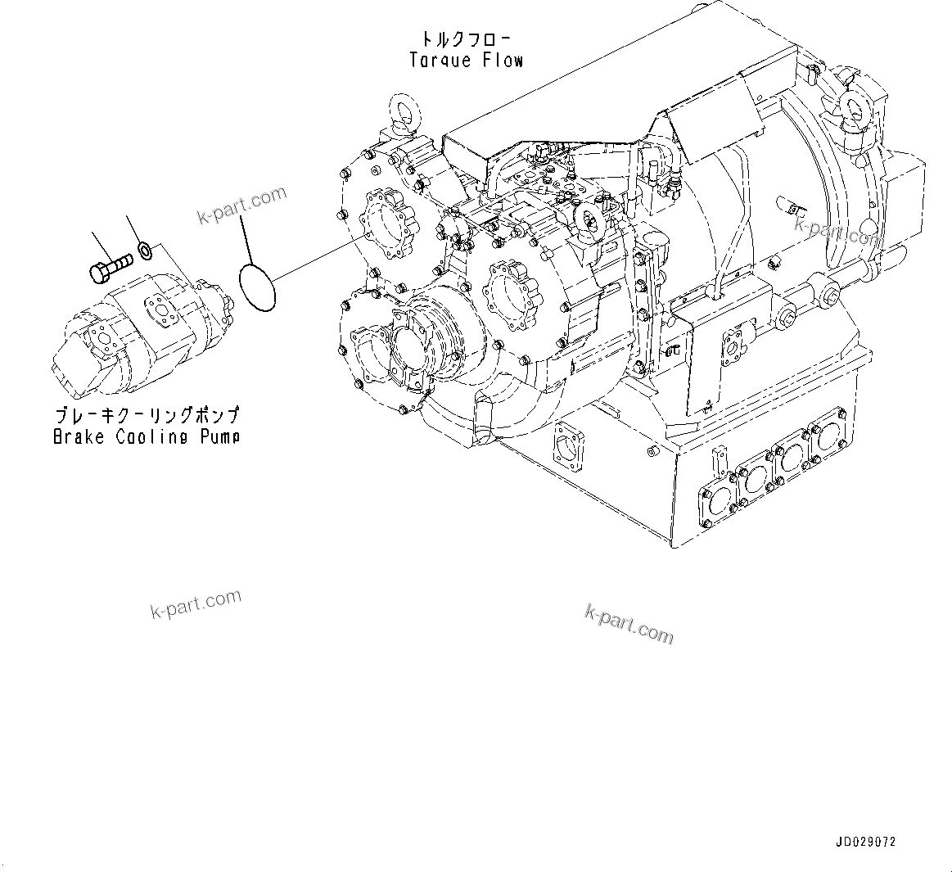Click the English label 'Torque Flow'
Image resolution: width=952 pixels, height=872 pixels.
tap(466, 60)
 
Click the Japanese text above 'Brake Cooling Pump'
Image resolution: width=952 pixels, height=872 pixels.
tap(147, 416)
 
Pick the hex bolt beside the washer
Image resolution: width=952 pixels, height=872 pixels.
tap(109, 265)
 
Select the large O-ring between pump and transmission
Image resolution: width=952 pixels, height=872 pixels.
tap(257, 287)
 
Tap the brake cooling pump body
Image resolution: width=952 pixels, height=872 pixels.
tap(139, 328)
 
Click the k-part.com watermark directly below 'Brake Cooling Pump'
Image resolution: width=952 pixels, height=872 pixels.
tap(196, 604)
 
